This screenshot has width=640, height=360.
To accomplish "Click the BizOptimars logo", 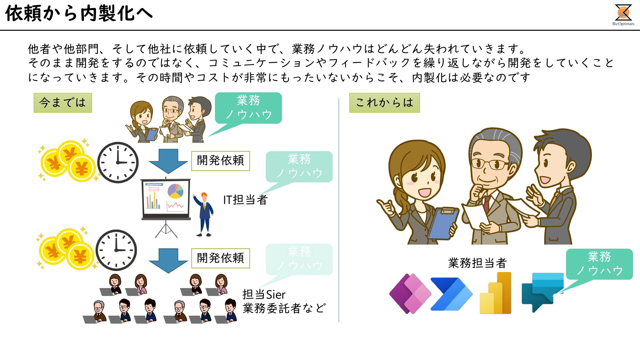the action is point(623,15).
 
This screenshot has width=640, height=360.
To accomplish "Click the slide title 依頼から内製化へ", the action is point(79,14).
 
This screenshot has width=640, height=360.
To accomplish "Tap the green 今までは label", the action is point(63,103).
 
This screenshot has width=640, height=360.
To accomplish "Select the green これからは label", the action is point(384,103).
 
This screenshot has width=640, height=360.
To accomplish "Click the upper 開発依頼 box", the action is point(221,161).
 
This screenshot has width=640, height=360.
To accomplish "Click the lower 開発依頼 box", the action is point(221,258).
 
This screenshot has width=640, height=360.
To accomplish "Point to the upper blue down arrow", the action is point(168,161).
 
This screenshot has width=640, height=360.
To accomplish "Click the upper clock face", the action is point(118,163).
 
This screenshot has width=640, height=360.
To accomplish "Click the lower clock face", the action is point(116,250).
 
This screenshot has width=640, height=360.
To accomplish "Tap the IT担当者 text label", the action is point(245,200).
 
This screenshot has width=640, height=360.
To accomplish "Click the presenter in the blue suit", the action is point(204,214).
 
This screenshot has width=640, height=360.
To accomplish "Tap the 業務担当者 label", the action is point(477,263).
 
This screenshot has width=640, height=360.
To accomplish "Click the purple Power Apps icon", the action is point(410,294).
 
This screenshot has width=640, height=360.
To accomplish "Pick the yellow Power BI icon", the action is point(495,293).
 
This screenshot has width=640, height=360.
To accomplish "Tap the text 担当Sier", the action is point(264,295).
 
